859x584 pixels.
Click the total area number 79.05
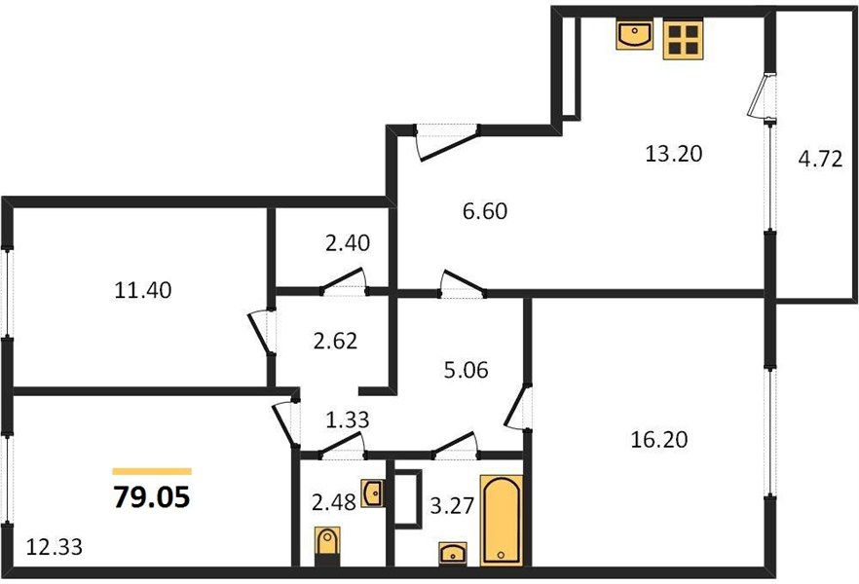152,497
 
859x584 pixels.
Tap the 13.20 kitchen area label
673,154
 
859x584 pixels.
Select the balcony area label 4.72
820,160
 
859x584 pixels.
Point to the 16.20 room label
659,440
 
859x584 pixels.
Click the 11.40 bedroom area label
143,290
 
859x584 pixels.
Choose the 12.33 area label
55,547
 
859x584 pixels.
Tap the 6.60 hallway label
485,211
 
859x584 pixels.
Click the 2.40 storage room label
348,242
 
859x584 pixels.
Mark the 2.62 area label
335,341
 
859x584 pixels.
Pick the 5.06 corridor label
466,370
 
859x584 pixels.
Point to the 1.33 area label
348,420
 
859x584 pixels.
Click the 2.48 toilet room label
334,502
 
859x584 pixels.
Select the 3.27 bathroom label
452,506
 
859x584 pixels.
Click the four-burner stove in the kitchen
683,39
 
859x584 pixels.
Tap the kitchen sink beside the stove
634,34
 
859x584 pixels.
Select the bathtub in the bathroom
502,520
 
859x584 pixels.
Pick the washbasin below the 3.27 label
453,554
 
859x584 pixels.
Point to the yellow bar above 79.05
152,471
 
